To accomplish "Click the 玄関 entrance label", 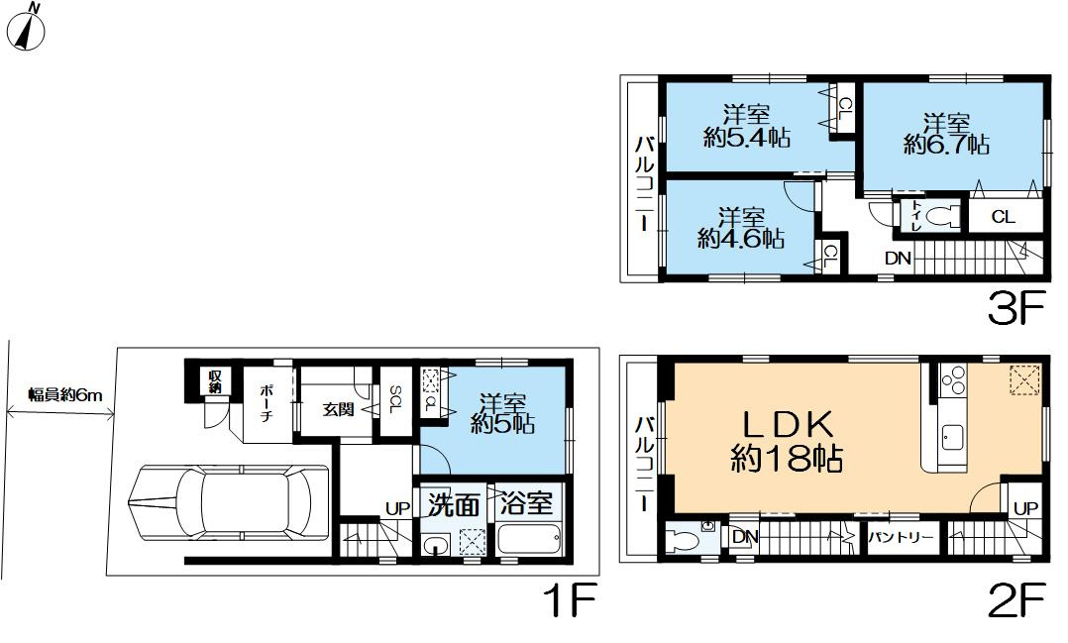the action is (x=338, y=410).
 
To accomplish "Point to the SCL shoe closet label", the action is (x=395, y=399).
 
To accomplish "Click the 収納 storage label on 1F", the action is (x=215, y=381).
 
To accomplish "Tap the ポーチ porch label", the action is (x=267, y=402).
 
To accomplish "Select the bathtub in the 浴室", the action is (x=529, y=538).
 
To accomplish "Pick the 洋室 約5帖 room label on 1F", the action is (x=502, y=413).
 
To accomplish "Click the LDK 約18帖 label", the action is (x=787, y=442).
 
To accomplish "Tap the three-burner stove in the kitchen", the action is (x=952, y=380).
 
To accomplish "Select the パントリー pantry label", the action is (x=901, y=537).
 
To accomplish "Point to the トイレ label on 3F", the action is (x=916, y=215).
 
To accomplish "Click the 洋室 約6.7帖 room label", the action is (x=947, y=134).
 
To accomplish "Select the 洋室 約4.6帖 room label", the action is (x=741, y=228).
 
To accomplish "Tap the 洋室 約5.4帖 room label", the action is (x=747, y=126).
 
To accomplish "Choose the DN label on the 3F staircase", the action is (x=898, y=259).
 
